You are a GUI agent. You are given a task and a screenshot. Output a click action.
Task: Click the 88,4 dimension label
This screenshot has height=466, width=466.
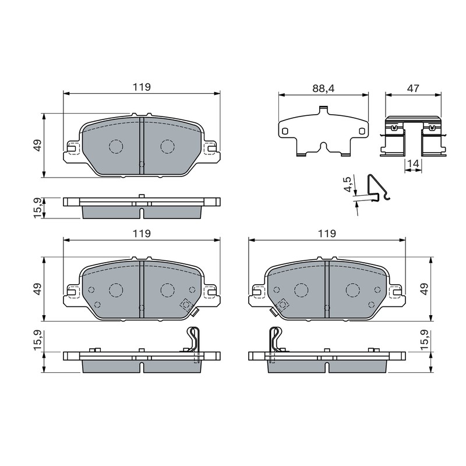point(323,89)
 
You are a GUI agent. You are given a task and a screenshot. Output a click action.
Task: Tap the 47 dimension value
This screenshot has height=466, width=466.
point(413,89)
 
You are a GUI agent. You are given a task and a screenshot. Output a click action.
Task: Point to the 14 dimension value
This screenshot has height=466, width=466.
point(413,163)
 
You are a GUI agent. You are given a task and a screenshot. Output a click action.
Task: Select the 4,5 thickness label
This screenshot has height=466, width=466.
point(347,184)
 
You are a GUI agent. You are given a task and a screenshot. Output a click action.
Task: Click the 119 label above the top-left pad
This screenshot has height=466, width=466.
point(142,87)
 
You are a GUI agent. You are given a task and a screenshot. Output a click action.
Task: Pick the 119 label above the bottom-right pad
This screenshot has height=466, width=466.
point(327,234)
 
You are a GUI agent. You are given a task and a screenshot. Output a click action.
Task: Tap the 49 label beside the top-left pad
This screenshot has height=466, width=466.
point(38,145)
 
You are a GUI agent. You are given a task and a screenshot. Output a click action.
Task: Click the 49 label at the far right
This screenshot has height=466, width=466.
point(425,288)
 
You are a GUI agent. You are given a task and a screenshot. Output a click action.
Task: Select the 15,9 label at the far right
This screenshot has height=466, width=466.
point(425,340)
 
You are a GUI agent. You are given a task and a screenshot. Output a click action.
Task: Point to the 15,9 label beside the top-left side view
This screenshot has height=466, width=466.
point(38,209)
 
